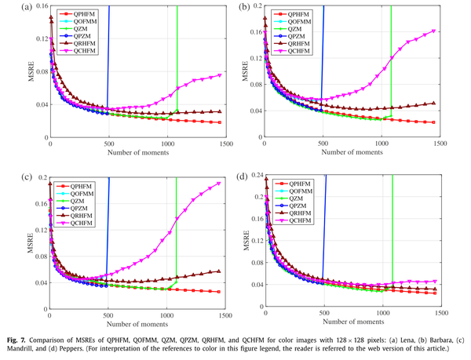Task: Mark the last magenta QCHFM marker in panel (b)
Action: [434, 31]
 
